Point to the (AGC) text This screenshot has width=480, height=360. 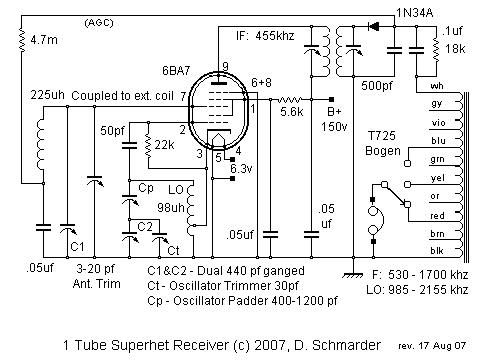[100, 21]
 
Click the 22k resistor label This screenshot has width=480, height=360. [165, 146]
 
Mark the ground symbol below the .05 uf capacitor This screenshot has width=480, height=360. [350, 272]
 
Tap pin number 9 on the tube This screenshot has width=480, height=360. [226, 67]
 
